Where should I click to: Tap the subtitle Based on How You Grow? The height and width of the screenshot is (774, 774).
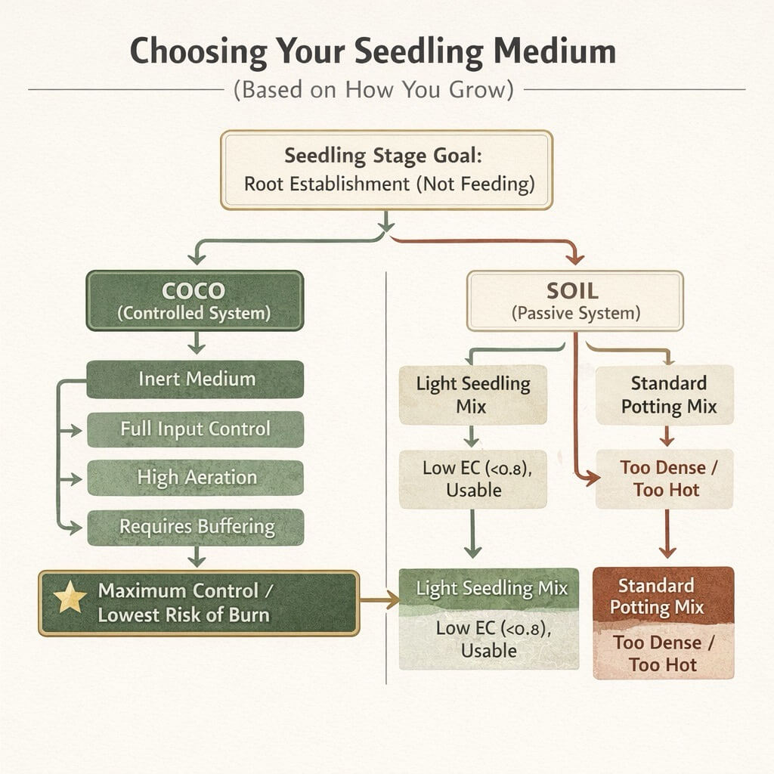[373, 89]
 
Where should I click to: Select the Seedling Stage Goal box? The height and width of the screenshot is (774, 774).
[387, 169]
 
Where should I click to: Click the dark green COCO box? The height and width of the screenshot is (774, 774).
[195, 301]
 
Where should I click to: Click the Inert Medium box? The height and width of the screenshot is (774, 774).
[195, 379]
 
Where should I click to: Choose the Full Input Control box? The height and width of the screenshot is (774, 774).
[195, 429]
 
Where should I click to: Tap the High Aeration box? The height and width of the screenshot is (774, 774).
[195, 478]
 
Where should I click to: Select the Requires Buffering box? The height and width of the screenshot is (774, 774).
[195, 527]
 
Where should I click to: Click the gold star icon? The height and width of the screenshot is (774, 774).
[70, 599]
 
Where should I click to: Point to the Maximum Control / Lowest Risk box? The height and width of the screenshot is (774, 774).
[198, 602]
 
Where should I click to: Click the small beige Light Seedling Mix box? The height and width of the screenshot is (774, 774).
[472, 394]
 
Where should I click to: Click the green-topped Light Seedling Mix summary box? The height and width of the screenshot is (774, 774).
[488, 619]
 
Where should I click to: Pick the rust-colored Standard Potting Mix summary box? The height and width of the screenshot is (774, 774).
[664, 623]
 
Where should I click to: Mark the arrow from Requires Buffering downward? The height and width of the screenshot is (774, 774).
[196, 557]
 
